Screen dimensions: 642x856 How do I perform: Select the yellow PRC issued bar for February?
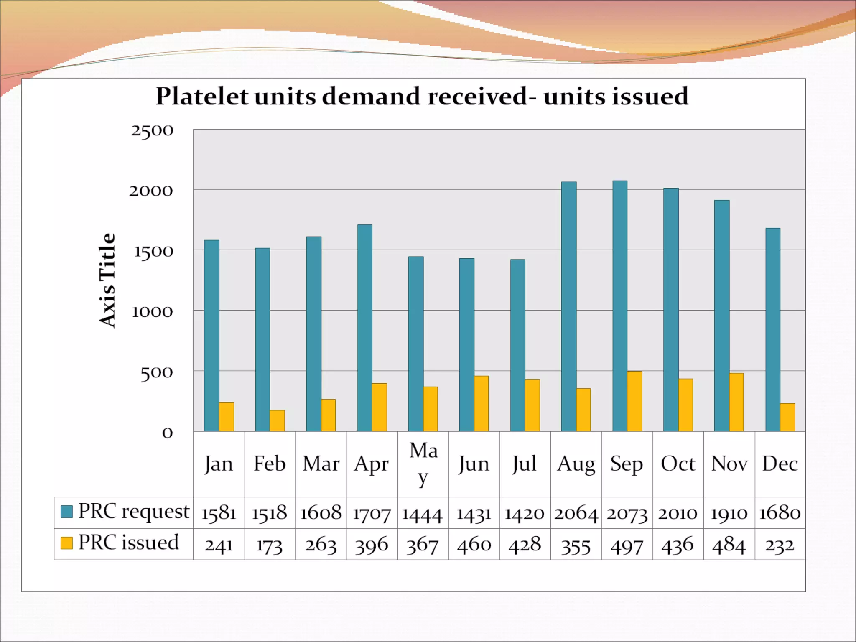click(x=277, y=420)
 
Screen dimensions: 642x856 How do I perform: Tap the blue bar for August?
click(x=568, y=306)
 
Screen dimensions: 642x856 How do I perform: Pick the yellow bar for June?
click(x=481, y=403)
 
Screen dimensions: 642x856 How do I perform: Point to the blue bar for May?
click(x=415, y=344)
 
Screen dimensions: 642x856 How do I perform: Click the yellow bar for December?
click(x=787, y=417)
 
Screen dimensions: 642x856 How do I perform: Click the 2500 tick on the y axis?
click(x=152, y=130)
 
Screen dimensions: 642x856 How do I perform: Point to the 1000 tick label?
click(x=152, y=312)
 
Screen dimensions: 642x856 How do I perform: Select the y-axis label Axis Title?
click(x=107, y=280)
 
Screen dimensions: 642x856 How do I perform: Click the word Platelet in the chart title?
click(x=202, y=97)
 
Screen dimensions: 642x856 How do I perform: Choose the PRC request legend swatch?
click(x=67, y=511)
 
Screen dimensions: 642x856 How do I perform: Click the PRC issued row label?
click(x=128, y=543)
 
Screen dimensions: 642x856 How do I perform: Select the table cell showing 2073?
click(x=627, y=513)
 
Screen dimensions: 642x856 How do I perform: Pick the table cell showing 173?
click(x=270, y=545)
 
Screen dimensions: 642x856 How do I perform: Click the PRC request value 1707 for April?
click(x=372, y=513)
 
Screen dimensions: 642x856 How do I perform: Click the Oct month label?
click(x=678, y=464)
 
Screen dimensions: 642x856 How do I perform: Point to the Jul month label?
click(x=525, y=464)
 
